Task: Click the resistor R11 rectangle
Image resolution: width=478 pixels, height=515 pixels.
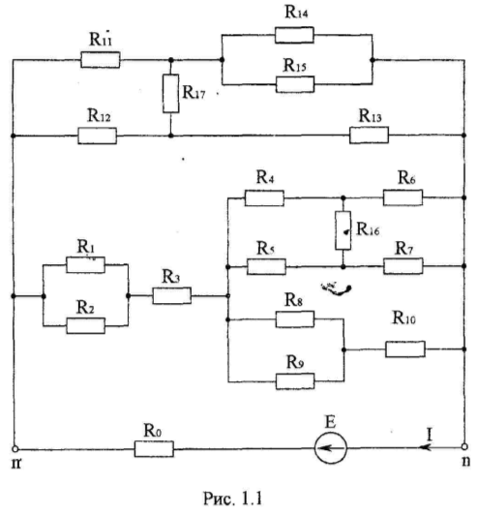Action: [x=100, y=60]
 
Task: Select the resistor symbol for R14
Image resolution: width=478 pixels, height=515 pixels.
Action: [x=294, y=35]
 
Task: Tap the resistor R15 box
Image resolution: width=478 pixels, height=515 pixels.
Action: [x=295, y=84]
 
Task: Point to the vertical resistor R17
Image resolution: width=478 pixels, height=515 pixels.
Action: [x=170, y=94]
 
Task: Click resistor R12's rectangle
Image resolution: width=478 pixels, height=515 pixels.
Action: [x=97, y=136]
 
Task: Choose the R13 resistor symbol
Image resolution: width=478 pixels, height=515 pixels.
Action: [x=369, y=135]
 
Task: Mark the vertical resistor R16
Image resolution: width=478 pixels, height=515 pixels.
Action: [x=344, y=230]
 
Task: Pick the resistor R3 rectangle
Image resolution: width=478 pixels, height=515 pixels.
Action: [x=171, y=295]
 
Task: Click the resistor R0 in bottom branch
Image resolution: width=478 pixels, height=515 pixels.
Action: [x=154, y=448]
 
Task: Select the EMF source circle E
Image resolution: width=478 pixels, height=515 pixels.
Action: [x=330, y=448]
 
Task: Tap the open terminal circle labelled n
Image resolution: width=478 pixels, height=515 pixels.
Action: [x=464, y=446]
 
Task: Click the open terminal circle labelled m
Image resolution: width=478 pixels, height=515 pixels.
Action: [x=15, y=448]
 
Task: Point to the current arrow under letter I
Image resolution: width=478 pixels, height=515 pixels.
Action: [x=426, y=447]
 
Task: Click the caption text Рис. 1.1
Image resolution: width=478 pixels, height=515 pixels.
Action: [x=233, y=499]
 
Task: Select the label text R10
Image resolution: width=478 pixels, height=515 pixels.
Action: [x=404, y=318]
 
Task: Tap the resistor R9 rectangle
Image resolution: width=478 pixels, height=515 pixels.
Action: [x=295, y=381]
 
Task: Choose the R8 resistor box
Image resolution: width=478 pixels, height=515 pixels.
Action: [x=295, y=318]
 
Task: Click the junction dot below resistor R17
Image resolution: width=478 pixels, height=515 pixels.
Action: [x=170, y=136]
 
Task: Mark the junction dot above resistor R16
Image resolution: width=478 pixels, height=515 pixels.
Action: [x=344, y=197]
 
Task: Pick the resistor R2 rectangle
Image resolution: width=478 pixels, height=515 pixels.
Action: [x=86, y=325]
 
